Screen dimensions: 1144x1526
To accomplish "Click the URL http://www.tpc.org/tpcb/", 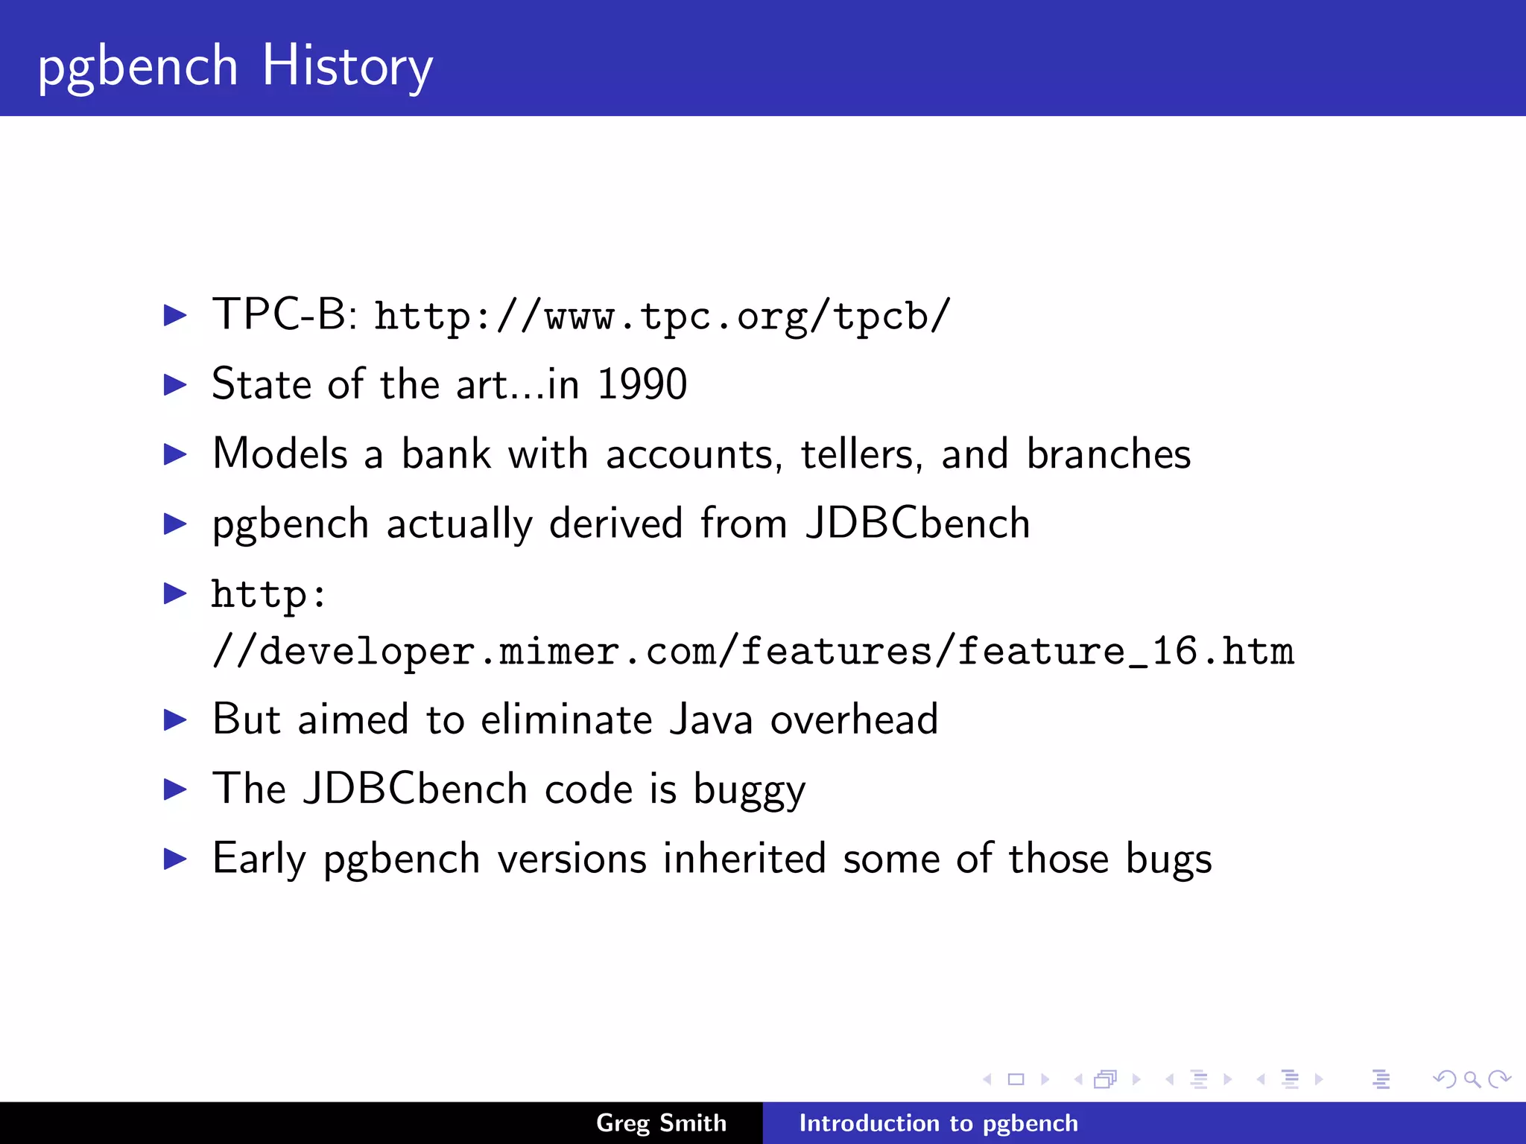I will click(x=662, y=316).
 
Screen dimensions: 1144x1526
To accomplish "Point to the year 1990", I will click(x=642, y=384).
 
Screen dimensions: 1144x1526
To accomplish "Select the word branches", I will click(x=1108, y=454).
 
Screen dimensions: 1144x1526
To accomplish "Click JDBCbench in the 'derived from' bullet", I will click(x=918, y=523).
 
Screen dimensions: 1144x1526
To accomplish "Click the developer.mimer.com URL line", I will click(x=753, y=652).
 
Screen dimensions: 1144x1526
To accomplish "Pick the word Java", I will click(x=711, y=719).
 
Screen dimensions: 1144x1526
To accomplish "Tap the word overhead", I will click(x=854, y=719).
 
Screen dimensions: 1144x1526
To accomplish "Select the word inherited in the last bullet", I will click(x=744, y=859).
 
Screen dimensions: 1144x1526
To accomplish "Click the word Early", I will click(x=259, y=859).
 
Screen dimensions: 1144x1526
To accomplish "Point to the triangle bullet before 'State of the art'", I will click(x=175, y=385).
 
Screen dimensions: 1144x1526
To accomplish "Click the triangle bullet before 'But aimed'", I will click(x=175, y=720).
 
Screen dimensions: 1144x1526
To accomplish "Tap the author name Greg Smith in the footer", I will click(x=661, y=1123).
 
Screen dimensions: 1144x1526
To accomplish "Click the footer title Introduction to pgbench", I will click(x=938, y=1123).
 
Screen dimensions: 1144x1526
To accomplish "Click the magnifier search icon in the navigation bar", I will click(x=1472, y=1079).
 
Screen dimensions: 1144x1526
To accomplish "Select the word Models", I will click(x=280, y=454).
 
